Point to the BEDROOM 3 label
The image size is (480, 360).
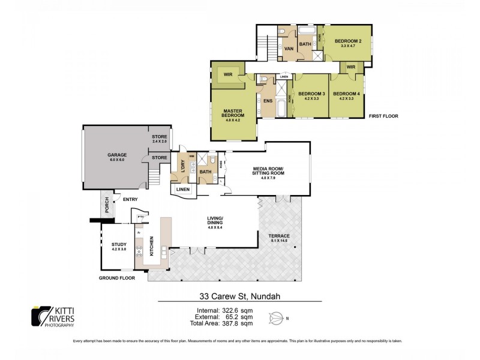coord(311,94)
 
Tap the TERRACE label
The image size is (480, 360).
coord(280,236)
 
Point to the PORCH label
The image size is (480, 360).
coord(106,206)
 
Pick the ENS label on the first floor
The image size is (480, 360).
coord(268,100)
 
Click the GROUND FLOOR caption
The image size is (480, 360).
coord(117,278)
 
